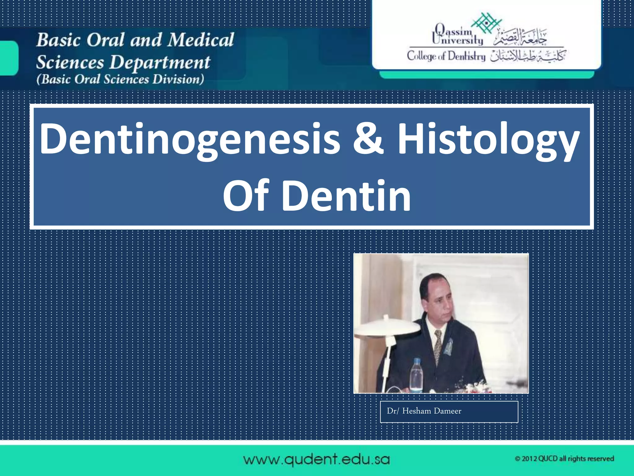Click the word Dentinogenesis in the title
coord(190,139)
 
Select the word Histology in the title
coord(488,139)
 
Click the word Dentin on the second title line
coord(346,196)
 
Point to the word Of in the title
coord(246,196)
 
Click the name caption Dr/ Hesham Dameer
coord(424,411)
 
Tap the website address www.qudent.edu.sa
coord(316,459)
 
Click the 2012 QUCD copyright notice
coord(564,459)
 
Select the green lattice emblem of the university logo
coord(486,23)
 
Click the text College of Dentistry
coord(446,56)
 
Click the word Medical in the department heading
coord(201,40)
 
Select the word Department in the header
coord(160,62)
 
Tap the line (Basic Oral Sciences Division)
coord(120,79)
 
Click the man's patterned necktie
coord(438,346)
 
